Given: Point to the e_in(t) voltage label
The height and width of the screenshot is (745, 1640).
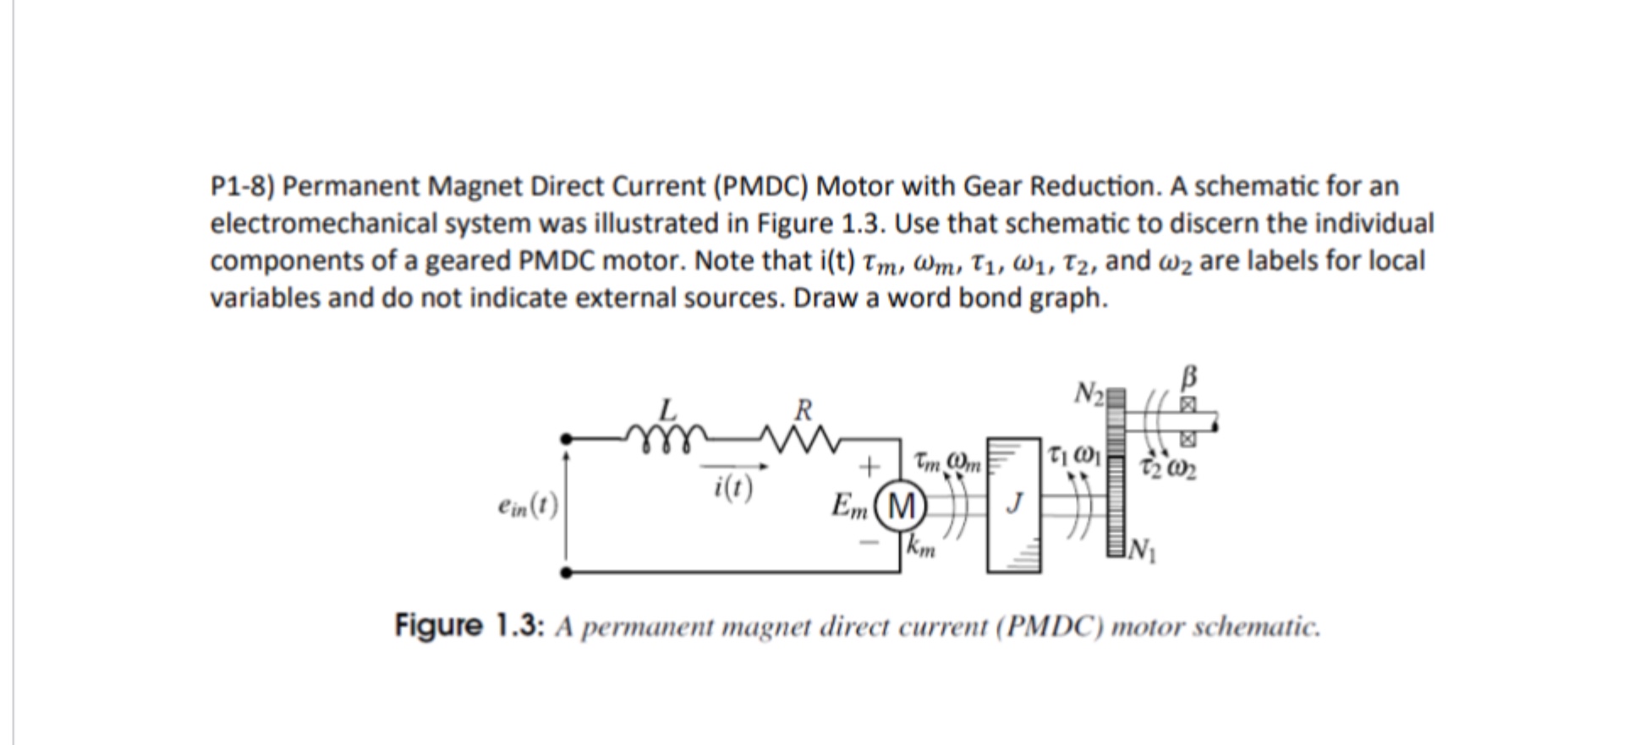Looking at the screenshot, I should (528, 506).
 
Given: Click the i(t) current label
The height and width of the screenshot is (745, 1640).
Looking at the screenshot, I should (732, 487).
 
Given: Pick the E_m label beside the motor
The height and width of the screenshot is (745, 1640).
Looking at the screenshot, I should (849, 507).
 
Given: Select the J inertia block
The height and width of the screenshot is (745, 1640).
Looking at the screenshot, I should (1014, 505).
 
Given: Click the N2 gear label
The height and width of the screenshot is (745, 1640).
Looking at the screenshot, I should (1089, 393).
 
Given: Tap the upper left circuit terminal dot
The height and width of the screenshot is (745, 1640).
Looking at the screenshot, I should (566, 438).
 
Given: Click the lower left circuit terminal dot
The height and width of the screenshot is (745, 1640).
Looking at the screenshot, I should (566, 572).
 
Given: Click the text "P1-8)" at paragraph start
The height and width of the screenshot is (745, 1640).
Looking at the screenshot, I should (242, 186).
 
